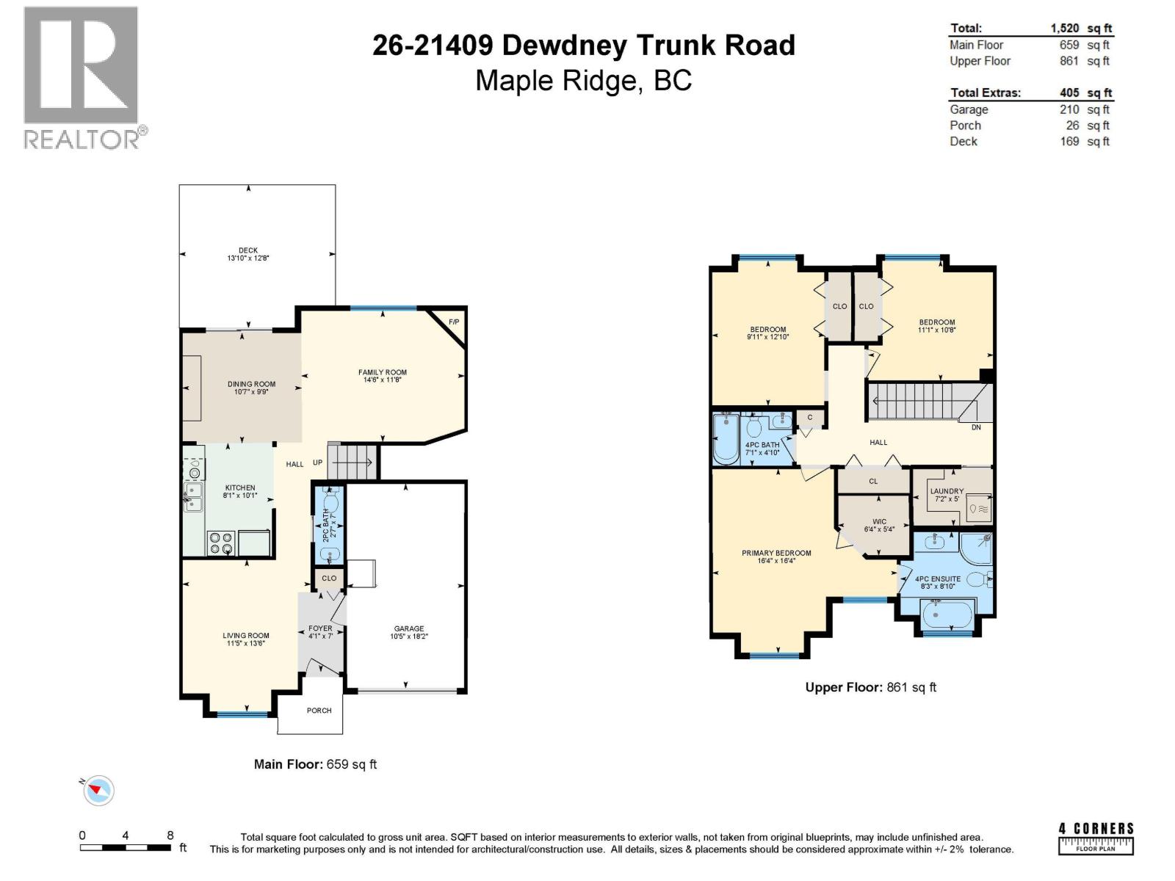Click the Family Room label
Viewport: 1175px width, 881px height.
(382, 372)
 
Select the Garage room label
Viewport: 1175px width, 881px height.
(408, 628)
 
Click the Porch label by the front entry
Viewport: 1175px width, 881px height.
(319, 711)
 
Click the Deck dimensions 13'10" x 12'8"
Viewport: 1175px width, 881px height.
(248, 258)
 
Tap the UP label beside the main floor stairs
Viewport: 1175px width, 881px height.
(317, 463)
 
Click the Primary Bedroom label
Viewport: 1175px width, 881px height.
(776, 553)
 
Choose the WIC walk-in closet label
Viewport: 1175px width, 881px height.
(879, 522)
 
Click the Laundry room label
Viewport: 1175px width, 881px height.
(947, 491)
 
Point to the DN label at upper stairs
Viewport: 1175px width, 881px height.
(976, 427)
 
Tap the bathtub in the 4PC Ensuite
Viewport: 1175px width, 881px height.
(947, 614)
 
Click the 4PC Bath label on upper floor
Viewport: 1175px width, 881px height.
(762, 445)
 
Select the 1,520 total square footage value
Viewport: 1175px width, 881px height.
(1064, 28)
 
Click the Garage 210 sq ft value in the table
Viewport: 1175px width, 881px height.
(1069, 109)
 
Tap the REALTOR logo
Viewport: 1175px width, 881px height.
(82, 77)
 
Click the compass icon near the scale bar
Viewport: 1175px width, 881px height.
(98, 791)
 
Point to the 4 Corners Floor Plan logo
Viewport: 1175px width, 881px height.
(1096, 838)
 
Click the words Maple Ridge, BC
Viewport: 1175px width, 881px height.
(583, 80)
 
